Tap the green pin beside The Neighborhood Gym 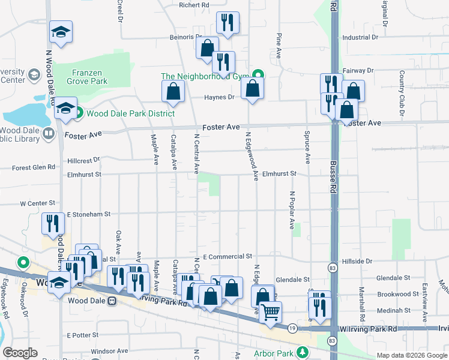click(258, 76)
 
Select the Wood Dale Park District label click(130, 113)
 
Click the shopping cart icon click(271, 311)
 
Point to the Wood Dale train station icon click(112, 301)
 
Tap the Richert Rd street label click(194, 5)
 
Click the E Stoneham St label click(89, 214)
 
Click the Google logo click(20, 353)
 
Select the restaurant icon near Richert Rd click(228, 23)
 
